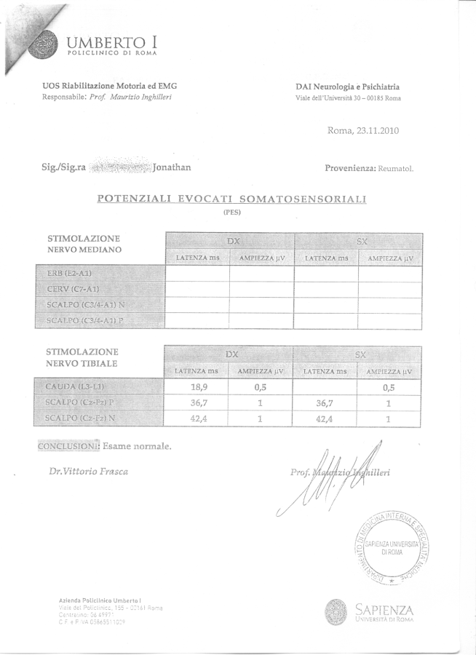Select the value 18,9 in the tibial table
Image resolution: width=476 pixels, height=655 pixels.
coord(197,387)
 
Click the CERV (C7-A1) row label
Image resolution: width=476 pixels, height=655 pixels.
coord(72,289)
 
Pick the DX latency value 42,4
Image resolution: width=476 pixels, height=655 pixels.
coord(197,418)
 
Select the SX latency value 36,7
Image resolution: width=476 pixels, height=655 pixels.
coord(325,403)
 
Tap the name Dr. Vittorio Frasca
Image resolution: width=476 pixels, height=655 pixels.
coord(88,471)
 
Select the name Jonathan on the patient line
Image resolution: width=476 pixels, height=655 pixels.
coord(172,167)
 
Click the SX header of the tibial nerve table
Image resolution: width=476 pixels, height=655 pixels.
coord(359,354)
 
